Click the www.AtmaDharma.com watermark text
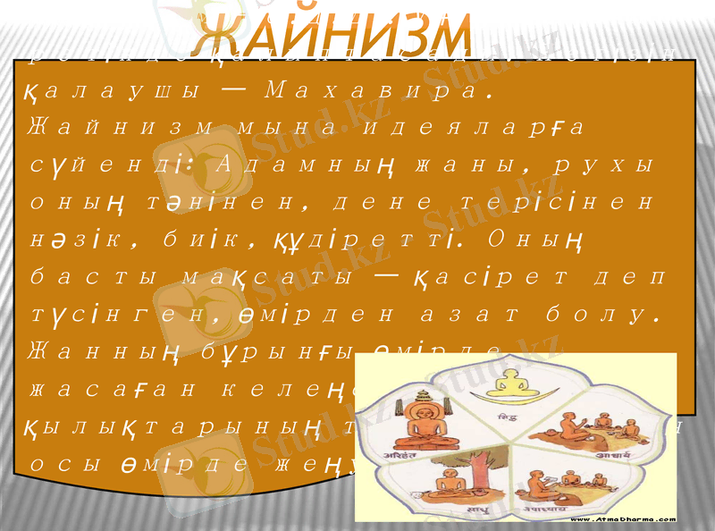point(620,518)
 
